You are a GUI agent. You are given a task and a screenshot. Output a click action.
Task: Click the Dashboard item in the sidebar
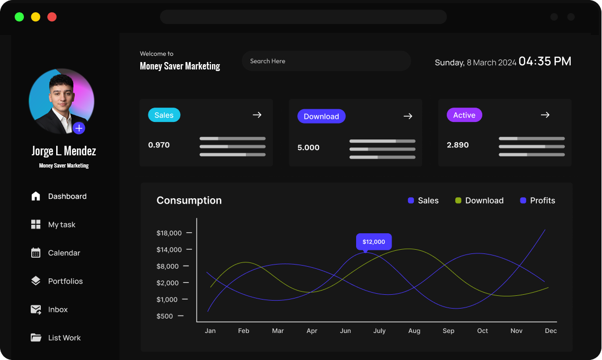click(x=67, y=196)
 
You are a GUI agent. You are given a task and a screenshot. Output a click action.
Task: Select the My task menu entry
click(x=61, y=225)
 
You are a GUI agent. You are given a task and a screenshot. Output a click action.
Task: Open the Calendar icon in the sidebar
click(x=36, y=253)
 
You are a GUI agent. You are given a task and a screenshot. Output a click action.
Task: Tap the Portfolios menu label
click(x=65, y=281)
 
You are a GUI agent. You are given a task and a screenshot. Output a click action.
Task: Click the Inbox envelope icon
click(x=36, y=310)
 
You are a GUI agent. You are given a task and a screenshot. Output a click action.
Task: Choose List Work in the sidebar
click(x=64, y=338)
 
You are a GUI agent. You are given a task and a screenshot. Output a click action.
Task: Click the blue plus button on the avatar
click(x=79, y=128)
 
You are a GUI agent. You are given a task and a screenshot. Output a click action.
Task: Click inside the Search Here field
click(x=326, y=61)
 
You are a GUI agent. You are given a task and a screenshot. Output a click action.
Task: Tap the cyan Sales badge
click(x=164, y=115)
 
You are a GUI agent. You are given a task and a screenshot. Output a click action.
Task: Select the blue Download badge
click(x=321, y=117)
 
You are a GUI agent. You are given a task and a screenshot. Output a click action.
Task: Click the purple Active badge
click(x=464, y=115)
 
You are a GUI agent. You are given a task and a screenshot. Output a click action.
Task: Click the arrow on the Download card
click(x=408, y=116)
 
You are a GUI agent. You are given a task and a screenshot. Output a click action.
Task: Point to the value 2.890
click(x=457, y=145)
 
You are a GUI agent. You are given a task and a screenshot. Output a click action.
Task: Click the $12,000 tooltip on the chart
click(x=374, y=242)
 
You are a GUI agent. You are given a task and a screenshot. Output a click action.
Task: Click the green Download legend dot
click(x=458, y=200)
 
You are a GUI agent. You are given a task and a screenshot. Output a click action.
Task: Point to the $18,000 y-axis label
click(x=169, y=233)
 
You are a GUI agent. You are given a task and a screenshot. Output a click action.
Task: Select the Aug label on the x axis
click(x=414, y=331)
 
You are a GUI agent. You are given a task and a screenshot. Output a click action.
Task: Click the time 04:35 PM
click(x=545, y=62)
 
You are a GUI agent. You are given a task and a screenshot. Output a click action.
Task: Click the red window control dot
click(x=52, y=17)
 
